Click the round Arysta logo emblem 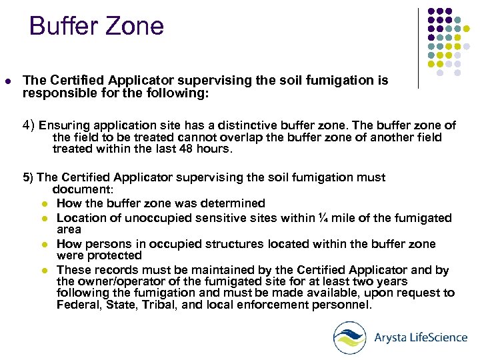[x=350, y=337]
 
